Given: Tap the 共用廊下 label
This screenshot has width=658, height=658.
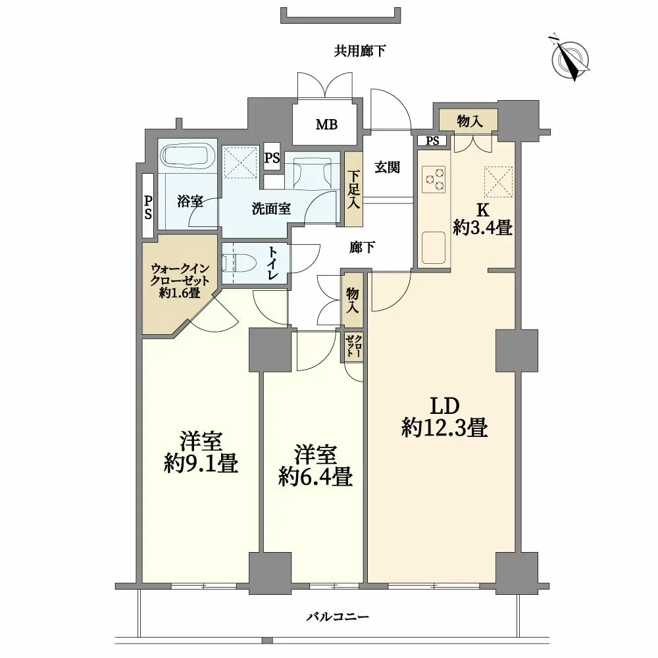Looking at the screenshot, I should [x=359, y=51].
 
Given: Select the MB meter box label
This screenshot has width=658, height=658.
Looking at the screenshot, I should [x=326, y=124].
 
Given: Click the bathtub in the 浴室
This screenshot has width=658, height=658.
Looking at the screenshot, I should [x=189, y=157].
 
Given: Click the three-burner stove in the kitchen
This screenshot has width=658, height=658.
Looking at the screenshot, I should [x=434, y=180].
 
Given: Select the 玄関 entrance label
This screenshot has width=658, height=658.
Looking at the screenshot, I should [x=388, y=167].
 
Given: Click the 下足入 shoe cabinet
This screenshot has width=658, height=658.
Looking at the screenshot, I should [x=354, y=190].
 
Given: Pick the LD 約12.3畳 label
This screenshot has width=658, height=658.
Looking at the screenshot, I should [x=444, y=418].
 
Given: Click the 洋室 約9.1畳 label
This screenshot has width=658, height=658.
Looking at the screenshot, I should [x=201, y=453].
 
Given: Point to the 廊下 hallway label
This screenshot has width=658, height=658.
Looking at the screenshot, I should [x=362, y=247].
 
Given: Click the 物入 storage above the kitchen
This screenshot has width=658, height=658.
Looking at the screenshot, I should [x=468, y=120].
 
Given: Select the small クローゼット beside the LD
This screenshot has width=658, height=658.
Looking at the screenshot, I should [x=353, y=346].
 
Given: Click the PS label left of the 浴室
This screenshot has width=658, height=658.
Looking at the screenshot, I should [x=149, y=207].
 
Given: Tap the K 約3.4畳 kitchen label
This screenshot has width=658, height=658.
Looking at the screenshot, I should [x=482, y=220].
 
